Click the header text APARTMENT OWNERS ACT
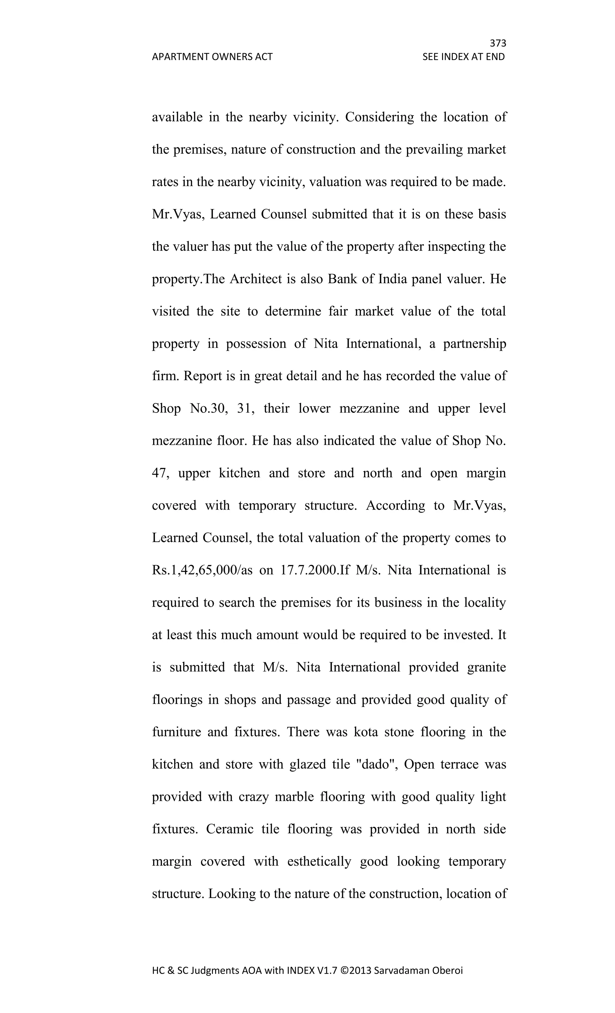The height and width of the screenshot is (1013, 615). (212, 57)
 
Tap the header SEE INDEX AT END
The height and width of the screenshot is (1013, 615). (463, 57)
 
